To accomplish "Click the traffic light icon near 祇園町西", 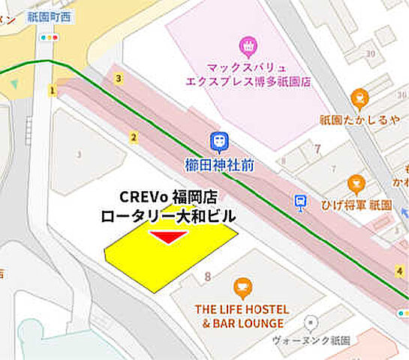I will click(50, 36).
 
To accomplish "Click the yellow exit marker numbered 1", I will click(53, 91).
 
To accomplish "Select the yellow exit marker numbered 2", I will click(134, 136).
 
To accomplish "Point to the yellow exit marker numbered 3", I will click(118, 77).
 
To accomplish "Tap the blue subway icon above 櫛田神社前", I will click(218, 139).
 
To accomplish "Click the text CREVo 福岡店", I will click(168, 197).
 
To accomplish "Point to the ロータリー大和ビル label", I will click(168, 216).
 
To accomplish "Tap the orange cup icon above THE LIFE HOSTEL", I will click(242, 286).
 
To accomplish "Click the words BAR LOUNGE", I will click(248, 323).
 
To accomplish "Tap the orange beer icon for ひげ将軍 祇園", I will click(356, 182).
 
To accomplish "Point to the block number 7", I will click(317, 148).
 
